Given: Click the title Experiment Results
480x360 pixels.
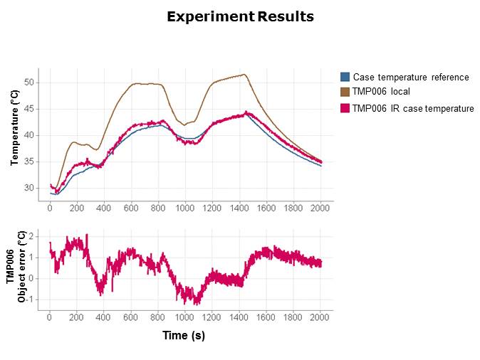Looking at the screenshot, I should [x=240, y=16].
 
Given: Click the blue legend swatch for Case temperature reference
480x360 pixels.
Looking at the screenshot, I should [x=345, y=77].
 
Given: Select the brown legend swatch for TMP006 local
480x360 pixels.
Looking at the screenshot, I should [x=345, y=91].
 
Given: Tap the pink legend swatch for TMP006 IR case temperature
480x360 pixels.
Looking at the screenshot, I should [x=345, y=108].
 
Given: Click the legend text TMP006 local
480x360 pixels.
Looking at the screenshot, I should [x=381, y=91].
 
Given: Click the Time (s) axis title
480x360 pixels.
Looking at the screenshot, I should [x=184, y=335].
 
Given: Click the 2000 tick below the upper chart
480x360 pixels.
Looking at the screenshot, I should [x=320, y=208].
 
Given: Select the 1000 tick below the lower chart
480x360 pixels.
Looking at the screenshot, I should [x=185, y=317].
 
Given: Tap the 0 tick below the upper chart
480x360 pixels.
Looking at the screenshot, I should [x=50, y=208].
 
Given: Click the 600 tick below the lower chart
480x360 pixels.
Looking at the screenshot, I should [x=131, y=317].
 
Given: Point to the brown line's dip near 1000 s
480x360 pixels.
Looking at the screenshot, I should [x=185, y=125].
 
